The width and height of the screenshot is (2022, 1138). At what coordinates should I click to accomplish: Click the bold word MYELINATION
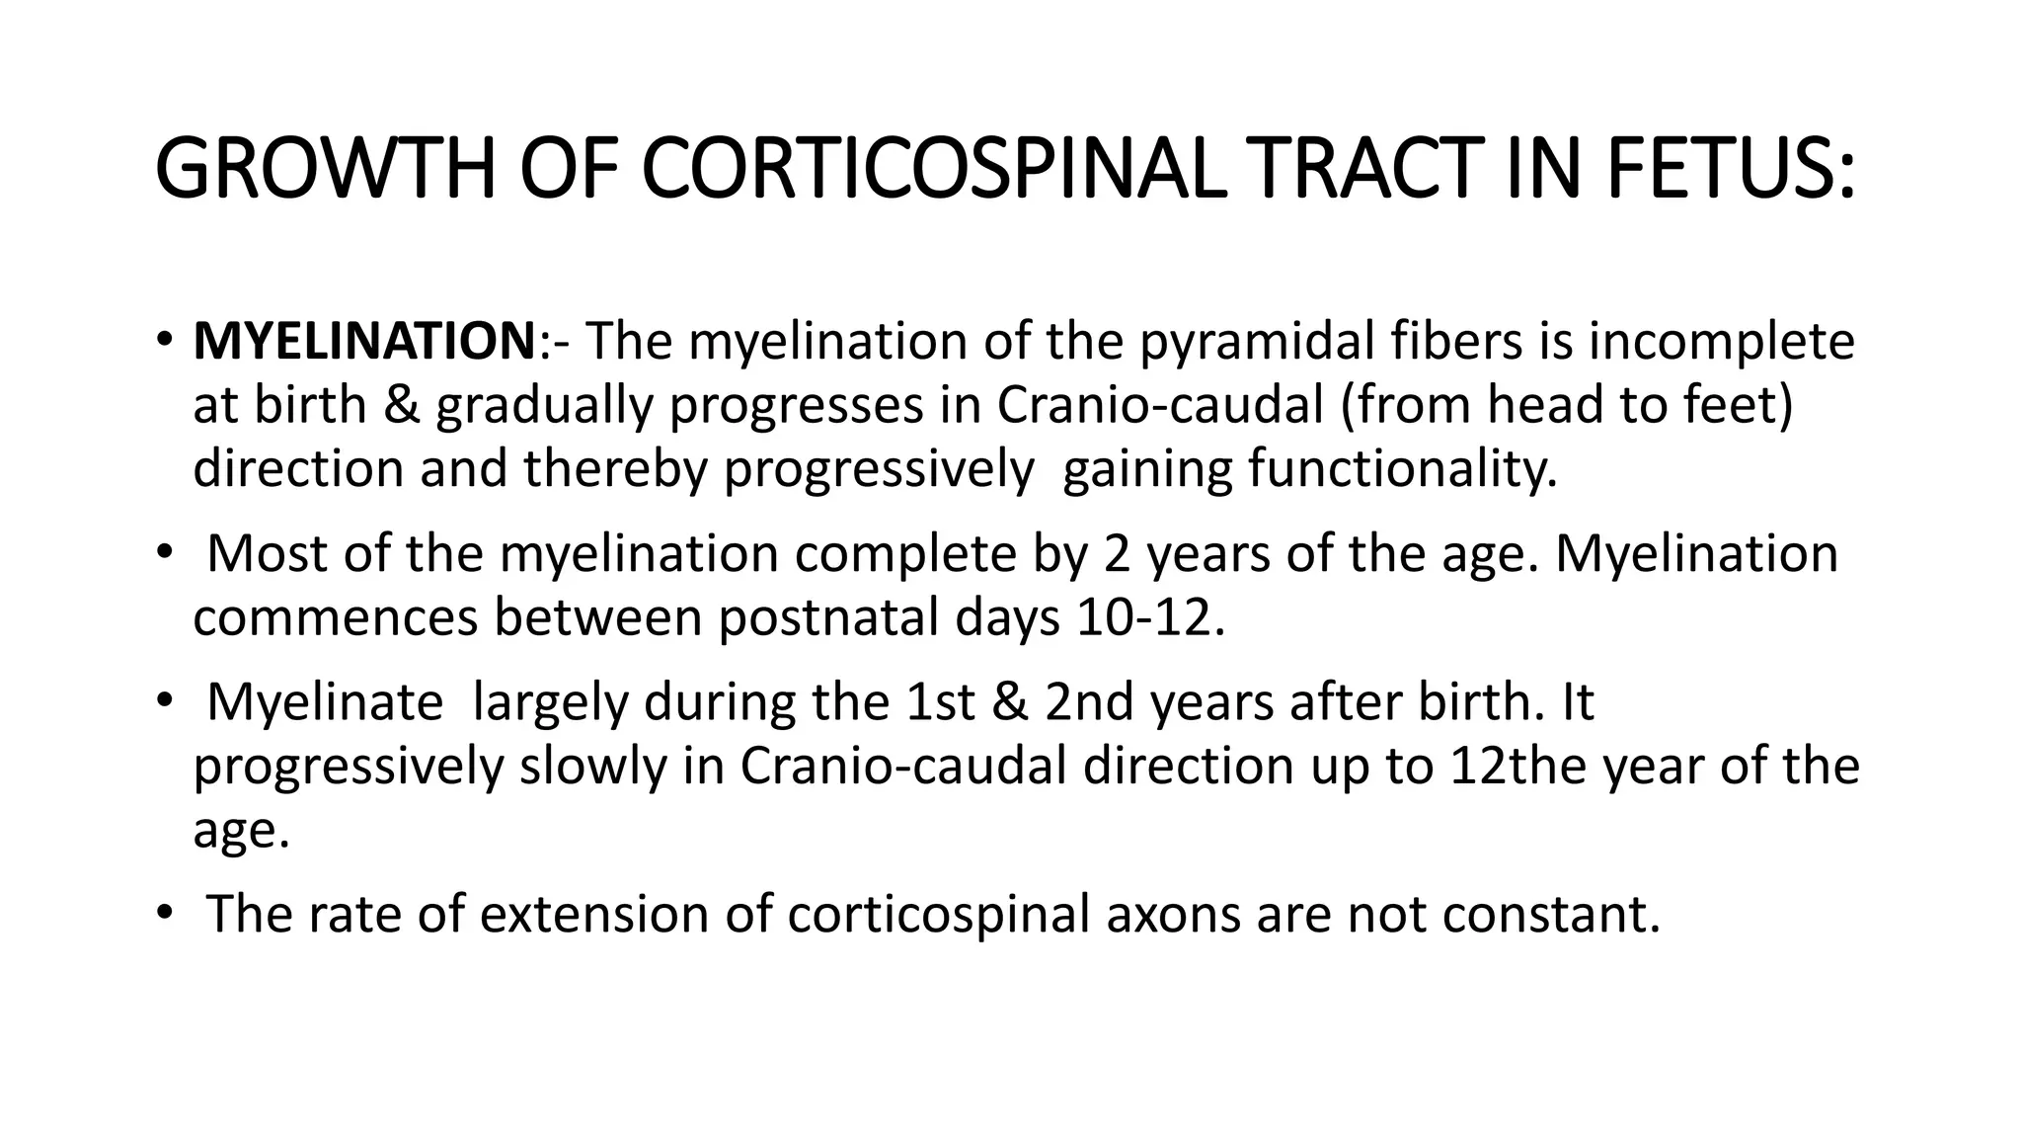point(364,342)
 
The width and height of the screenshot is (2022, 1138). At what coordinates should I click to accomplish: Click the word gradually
point(544,405)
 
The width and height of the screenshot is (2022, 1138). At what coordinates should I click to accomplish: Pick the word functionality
point(1402,468)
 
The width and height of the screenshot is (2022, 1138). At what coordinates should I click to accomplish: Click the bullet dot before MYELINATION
point(163,343)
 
